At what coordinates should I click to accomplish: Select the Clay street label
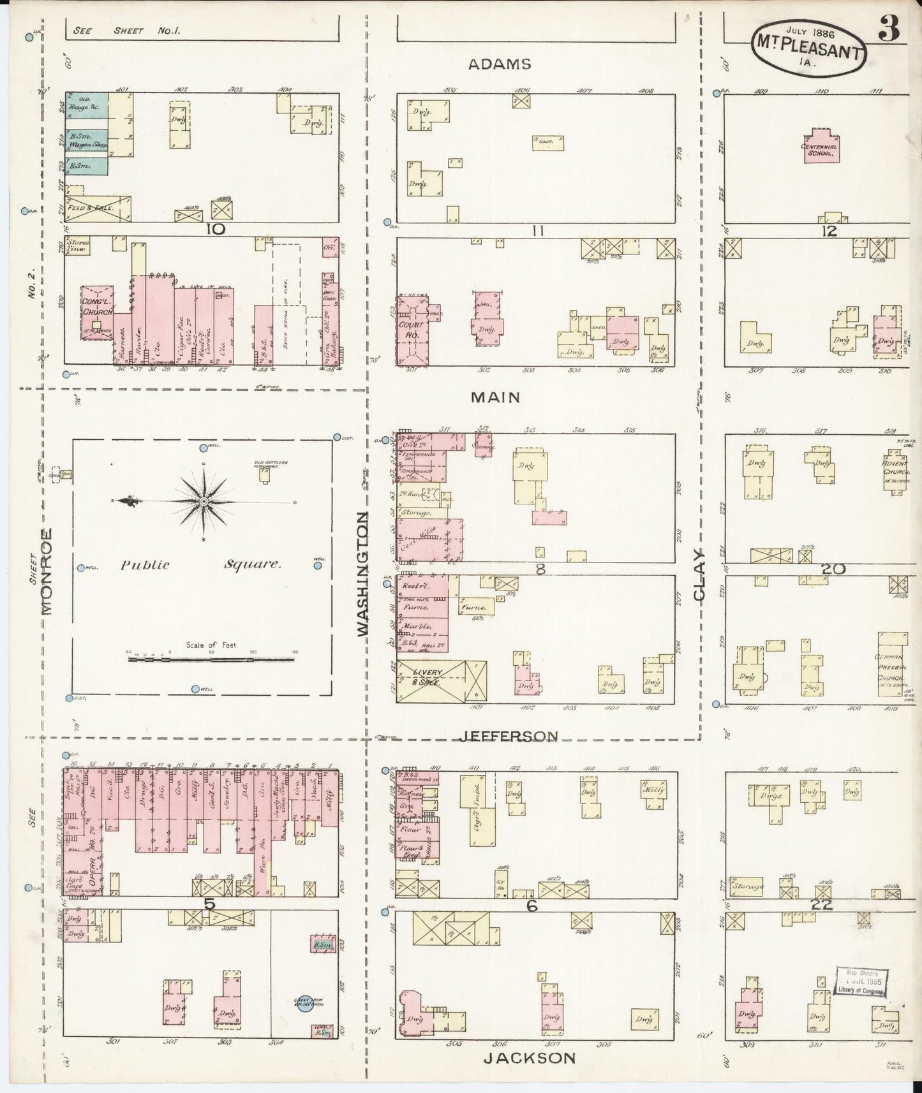(x=700, y=575)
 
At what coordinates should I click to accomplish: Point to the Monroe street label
(x=48, y=571)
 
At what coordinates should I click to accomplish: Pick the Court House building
(x=412, y=331)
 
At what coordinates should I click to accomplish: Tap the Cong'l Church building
(x=96, y=312)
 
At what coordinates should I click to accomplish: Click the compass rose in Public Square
(x=203, y=502)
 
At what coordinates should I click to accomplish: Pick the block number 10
(x=215, y=230)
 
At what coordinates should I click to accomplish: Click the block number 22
(x=823, y=904)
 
